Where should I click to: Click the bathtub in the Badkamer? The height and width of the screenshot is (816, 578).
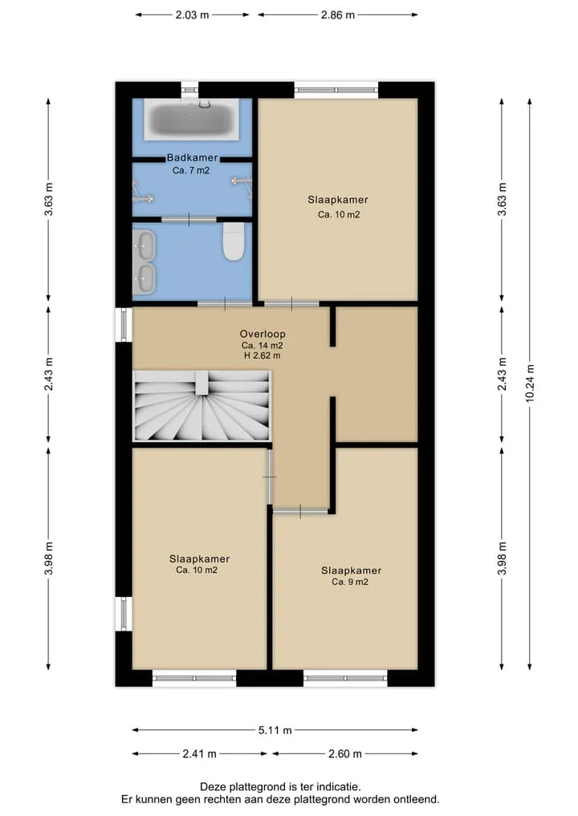click(x=191, y=120)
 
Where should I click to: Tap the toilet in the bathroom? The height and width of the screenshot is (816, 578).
click(x=234, y=241)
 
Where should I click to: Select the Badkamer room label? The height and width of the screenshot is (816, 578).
click(x=192, y=157)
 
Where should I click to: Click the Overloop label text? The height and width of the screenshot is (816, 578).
click(x=263, y=334)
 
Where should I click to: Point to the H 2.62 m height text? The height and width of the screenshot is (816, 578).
click(x=263, y=356)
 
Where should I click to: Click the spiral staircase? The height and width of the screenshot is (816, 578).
click(x=202, y=406)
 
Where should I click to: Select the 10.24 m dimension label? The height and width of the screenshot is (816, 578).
click(x=530, y=383)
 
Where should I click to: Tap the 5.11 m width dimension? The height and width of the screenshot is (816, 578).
click(x=275, y=730)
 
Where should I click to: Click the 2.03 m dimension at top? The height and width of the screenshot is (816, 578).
click(x=192, y=15)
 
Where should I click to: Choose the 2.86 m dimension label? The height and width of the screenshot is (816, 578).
click(x=338, y=15)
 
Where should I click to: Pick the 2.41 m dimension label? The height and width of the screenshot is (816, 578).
click(x=199, y=753)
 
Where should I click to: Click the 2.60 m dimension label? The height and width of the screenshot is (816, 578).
click(x=344, y=753)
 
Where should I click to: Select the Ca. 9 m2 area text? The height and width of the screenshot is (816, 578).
click(x=350, y=582)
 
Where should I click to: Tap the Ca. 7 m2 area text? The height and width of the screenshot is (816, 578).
click(x=191, y=170)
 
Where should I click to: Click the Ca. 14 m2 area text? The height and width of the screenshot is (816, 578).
click(x=263, y=346)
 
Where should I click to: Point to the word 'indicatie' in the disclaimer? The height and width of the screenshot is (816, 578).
click(x=339, y=787)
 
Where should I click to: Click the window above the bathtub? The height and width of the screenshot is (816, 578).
click(x=189, y=91)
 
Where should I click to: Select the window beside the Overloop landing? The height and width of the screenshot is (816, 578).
click(x=124, y=325)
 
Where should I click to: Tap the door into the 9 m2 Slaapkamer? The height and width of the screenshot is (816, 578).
click(x=300, y=512)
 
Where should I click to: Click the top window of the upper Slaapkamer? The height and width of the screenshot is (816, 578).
click(x=336, y=90)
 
